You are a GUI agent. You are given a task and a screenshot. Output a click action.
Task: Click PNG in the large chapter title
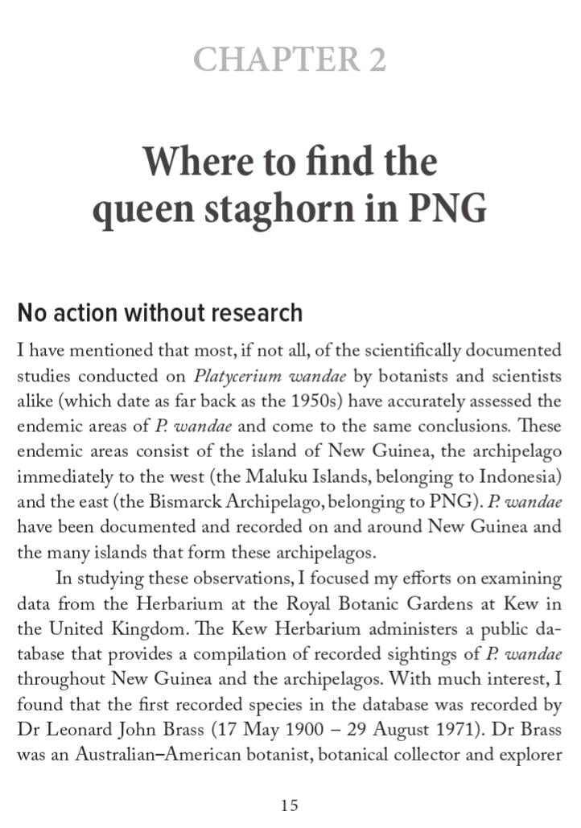click(447, 208)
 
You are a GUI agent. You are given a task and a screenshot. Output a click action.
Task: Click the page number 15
click(290, 805)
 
